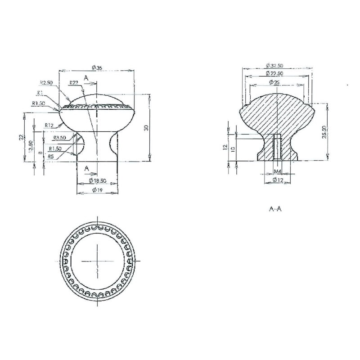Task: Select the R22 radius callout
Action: [x=74, y=83]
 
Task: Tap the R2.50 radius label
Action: [x=46, y=83]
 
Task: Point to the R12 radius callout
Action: [x=49, y=125]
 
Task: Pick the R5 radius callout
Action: [x=51, y=157]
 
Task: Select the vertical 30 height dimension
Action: [x=146, y=128]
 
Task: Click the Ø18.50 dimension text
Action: [x=97, y=180]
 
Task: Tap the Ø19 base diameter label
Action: [x=97, y=190]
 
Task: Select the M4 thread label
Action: [x=278, y=172]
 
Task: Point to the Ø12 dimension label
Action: [x=277, y=180]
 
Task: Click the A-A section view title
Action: [x=275, y=209]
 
